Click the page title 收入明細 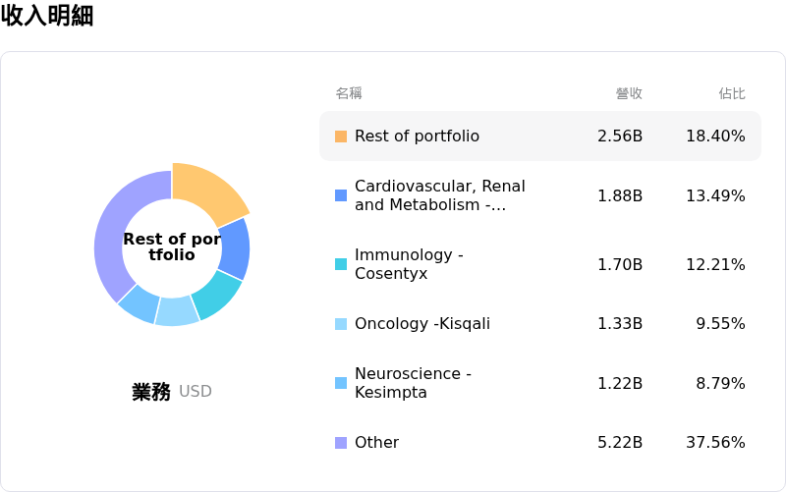(47, 16)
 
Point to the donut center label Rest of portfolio (172, 246)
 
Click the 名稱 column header (349, 93)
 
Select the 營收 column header (629, 93)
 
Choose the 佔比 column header (732, 93)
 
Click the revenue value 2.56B (620, 136)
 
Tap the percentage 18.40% (715, 136)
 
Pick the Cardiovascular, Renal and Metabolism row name (439, 195)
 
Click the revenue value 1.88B (620, 195)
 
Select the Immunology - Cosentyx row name (409, 264)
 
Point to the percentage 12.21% (715, 264)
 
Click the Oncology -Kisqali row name (421, 324)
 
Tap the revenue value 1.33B (620, 324)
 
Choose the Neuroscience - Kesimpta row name (413, 383)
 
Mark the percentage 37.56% (715, 443)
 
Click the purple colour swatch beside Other (341, 443)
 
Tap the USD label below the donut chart (196, 392)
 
